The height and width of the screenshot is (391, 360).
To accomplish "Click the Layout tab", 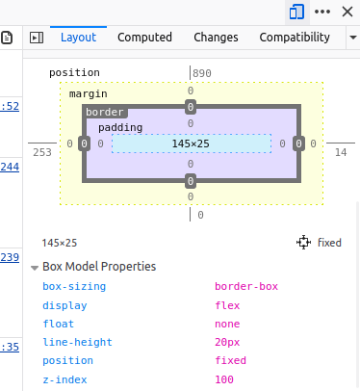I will click(78, 38).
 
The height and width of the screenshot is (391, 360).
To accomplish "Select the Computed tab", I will click(144, 38).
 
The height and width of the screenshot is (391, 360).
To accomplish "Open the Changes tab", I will click(216, 38).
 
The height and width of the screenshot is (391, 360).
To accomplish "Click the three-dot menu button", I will click(322, 11).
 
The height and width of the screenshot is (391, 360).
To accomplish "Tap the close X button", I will click(347, 11).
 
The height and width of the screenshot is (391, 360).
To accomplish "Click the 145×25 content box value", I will click(191, 143).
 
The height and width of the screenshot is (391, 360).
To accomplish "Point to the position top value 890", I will click(202, 73).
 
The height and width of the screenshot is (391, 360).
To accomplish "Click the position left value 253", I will click(42, 152).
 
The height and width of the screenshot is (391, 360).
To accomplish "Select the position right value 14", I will click(341, 152).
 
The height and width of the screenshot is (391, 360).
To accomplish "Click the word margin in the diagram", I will click(88, 93).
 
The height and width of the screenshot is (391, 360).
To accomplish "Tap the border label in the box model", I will click(105, 113).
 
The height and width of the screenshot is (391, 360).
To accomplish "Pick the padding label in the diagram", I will click(120, 127).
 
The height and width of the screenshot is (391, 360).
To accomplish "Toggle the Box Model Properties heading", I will click(93, 267).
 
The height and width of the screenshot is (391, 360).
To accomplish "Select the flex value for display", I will click(227, 305).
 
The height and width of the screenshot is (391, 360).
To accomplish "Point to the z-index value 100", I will click(224, 379).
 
